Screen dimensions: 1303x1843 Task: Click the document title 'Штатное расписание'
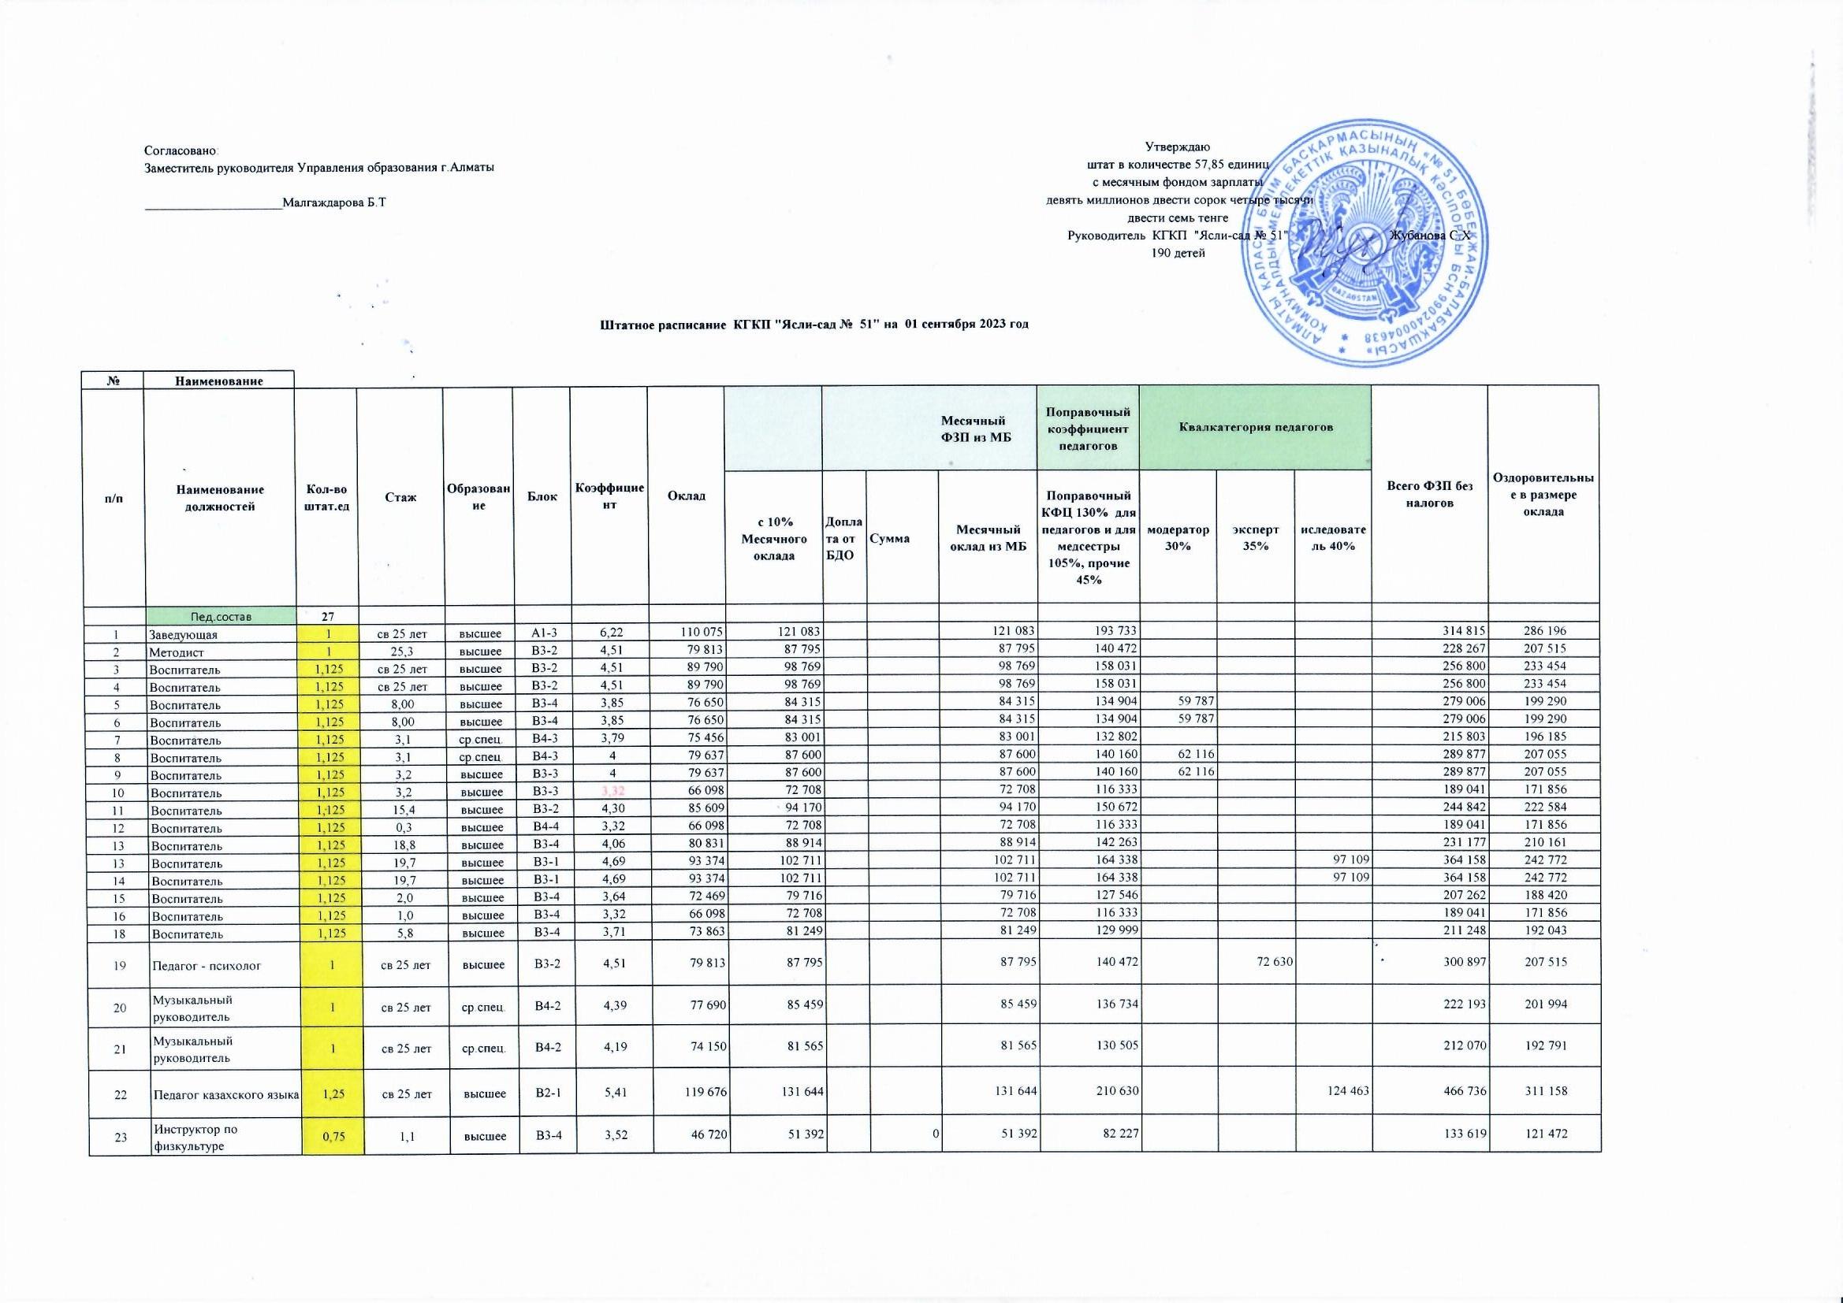[x=814, y=324]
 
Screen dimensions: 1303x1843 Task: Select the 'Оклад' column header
[x=687, y=496]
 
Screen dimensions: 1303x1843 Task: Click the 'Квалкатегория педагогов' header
[x=1256, y=427]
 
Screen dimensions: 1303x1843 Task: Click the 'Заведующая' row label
[x=184, y=635]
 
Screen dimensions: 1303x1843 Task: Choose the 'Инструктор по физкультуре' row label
[x=196, y=1138]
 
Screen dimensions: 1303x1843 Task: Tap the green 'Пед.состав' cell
[x=220, y=616]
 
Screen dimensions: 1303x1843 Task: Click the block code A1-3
[x=542, y=633]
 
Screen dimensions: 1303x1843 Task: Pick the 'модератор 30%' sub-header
[x=1178, y=537]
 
